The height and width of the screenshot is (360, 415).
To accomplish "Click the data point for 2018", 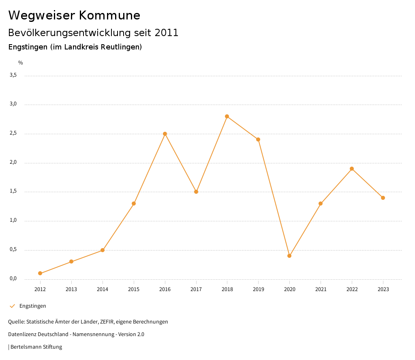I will click(x=227, y=116).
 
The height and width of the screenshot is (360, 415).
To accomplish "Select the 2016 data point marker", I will click(x=165, y=134).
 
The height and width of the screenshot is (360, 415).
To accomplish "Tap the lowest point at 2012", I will click(x=40, y=273).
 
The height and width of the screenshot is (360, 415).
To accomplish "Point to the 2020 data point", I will click(x=289, y=256).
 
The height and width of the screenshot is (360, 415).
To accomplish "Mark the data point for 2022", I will click(x=352, y=169).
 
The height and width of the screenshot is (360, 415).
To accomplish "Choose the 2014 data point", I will click(x=103, y=250).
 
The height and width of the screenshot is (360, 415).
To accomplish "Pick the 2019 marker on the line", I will click(x=258, y=139).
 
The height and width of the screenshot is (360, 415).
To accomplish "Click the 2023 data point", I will click(x=383, y=198).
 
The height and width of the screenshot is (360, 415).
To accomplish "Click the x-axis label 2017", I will click(x=196, y=289).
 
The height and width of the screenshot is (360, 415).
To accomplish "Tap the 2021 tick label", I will click(x=321, y=289).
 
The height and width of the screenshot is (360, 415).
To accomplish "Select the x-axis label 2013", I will click(x=71, y=289).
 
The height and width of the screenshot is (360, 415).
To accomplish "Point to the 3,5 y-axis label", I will click(x=13, y=75).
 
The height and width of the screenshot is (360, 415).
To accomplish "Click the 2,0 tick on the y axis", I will click(x=13, y=163).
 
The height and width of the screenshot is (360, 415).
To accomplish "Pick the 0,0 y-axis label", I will click(x=13, y=279).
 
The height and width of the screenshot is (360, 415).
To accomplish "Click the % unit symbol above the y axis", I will click(x=21, y=63).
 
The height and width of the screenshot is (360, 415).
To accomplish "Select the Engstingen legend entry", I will click(x=32, y=306).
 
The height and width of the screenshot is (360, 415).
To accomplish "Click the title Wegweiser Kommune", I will click(x=74, y=15).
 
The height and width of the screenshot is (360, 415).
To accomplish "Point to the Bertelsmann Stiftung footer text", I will click(x=36, y=347).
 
